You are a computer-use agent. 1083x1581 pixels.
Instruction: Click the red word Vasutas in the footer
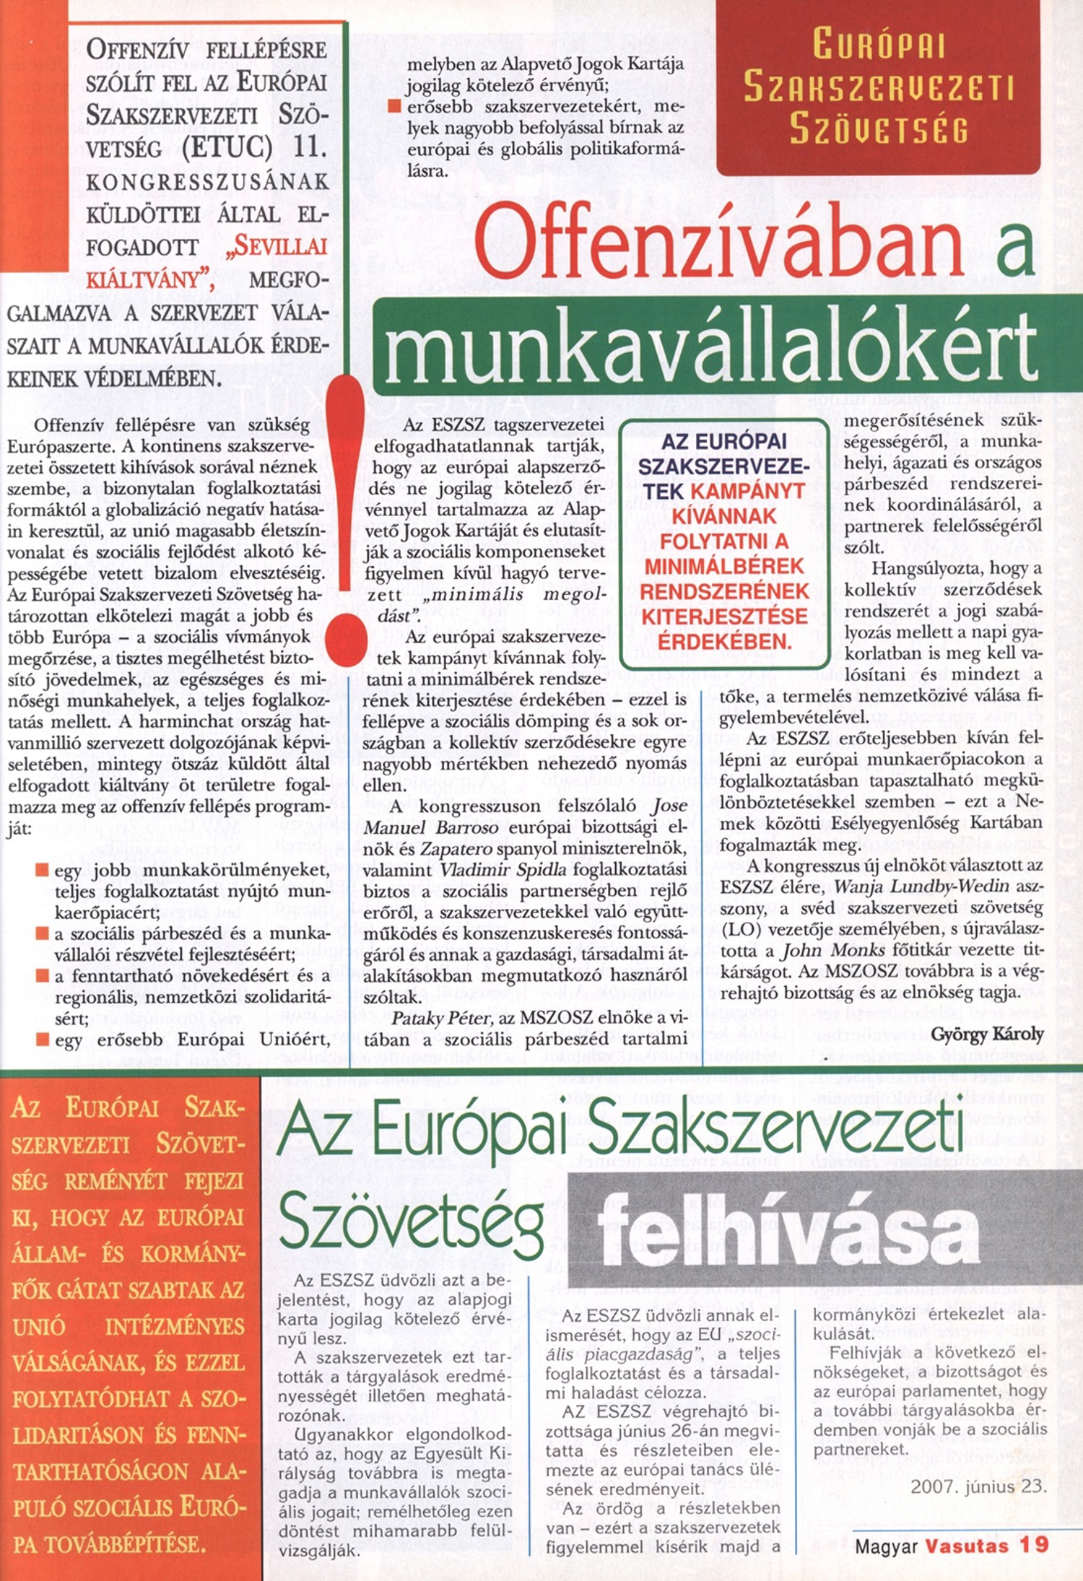click(x=967, y=1545)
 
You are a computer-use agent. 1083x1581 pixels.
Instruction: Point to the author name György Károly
click(x=987, y=1035)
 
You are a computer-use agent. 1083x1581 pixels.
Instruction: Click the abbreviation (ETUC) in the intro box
click(x=227, y=148)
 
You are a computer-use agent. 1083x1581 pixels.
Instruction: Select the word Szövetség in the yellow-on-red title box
click(x=878, y=130)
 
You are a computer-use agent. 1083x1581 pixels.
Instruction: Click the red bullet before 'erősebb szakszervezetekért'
click(x=393, y=106)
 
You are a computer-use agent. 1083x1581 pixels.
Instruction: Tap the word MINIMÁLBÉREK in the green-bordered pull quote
click(x=723, y=566)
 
